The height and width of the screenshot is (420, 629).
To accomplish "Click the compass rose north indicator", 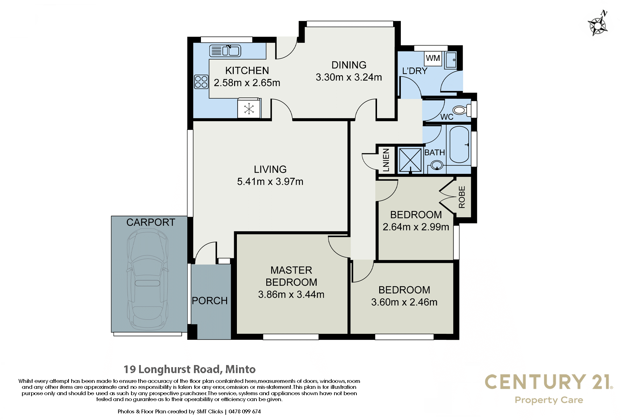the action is click(x=598, y=24).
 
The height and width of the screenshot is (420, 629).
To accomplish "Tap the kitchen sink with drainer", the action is click(x=225, y=51).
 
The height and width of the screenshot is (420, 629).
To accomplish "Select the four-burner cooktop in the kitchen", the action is click(x=201, y=82).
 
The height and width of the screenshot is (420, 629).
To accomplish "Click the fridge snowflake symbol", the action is click(x=249, y=109).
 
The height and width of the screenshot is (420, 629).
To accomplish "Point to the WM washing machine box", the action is click(x=433, y=58).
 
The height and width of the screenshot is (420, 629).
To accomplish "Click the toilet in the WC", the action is click(x=463, y=110).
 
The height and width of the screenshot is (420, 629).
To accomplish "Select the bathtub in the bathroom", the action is click(x=459, y=145).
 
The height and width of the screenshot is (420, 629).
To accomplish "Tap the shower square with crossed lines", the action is click(x=410, y=160).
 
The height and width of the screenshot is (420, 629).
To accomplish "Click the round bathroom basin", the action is click(x=436, y=165).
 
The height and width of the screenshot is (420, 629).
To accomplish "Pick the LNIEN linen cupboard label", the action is click(x=386, y=160).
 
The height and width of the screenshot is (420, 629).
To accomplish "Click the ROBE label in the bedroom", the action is click(x=462, y=197).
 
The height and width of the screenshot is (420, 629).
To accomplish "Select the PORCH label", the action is click(x=210, y=301).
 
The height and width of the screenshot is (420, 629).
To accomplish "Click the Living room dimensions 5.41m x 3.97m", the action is click(x=270, y=182).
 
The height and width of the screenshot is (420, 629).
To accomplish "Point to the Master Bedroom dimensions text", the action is click(x=291, y=295).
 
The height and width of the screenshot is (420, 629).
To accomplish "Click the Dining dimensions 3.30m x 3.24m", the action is click(x=349, y=77).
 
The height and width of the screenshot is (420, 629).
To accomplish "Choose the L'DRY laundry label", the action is click(x=415, y=71).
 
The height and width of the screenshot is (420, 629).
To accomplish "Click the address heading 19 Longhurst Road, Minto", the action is click(x=189, y=369).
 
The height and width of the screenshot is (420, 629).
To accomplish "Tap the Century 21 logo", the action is click(x=549, y=388).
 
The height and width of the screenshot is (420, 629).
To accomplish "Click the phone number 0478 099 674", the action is click(x=245, y=412).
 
